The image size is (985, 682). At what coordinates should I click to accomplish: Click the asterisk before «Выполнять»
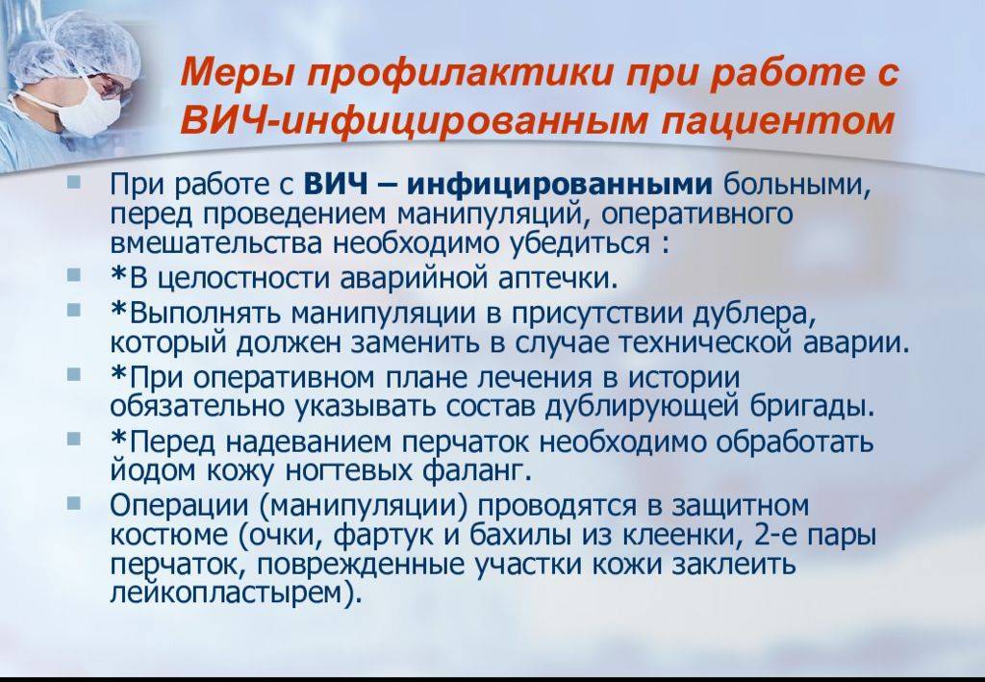(x=119, y=309)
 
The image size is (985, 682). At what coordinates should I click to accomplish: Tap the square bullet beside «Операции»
(x=74, y=502)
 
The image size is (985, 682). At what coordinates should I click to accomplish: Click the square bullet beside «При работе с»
(x=74, y=182)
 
